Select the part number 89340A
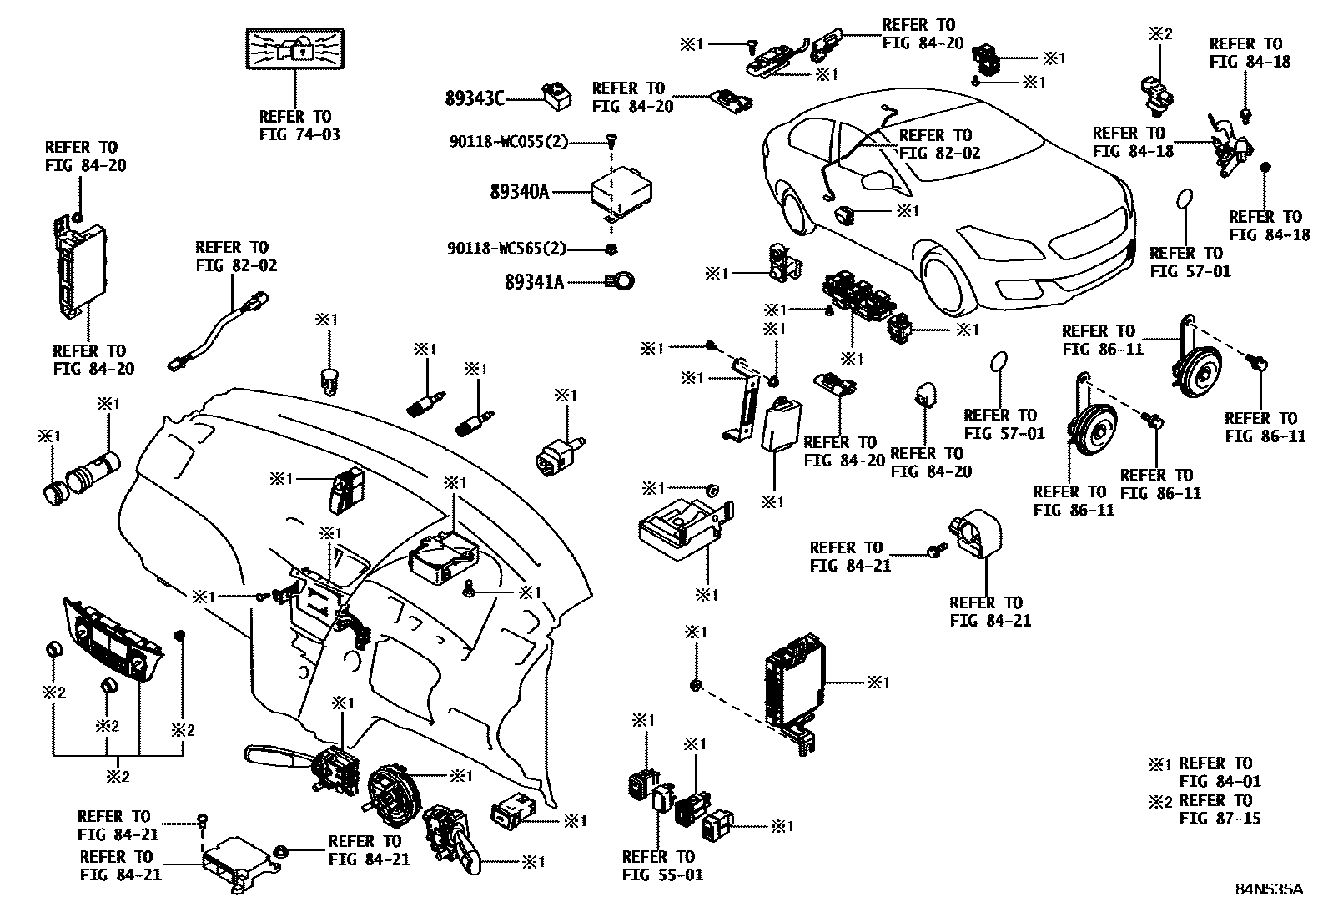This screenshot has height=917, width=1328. [520, 193]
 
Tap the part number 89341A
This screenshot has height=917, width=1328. [534, 282]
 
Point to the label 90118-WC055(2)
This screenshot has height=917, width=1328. [506, 143]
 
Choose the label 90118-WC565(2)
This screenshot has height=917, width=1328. [506, 249]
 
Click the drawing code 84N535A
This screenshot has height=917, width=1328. [1269, 889]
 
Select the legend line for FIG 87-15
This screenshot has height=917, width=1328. [1205, 809]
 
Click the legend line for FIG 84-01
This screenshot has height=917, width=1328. [1205, 773]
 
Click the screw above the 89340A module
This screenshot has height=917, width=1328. [611, 143]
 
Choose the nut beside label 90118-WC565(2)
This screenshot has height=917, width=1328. [611, 249]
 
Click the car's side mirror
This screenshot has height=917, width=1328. [876, 179]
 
